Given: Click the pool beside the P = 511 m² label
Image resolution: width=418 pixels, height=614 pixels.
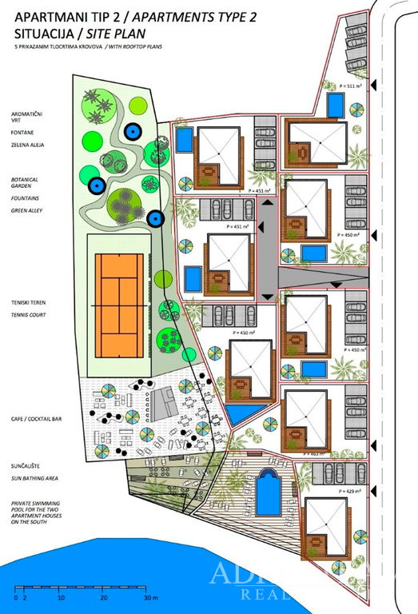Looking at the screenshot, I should pyautogui.click(x=336, y=105).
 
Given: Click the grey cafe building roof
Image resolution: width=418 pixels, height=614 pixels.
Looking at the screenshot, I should pyautogui.click(x=167, y=400).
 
